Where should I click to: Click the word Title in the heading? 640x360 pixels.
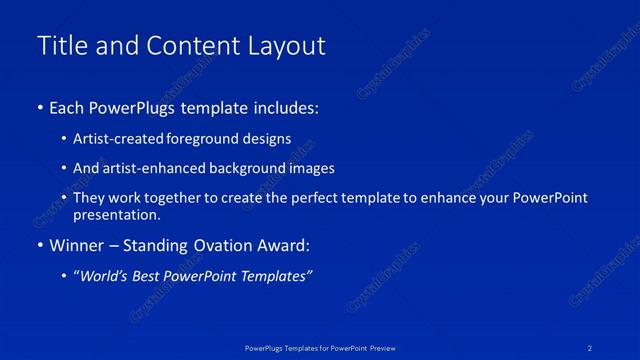click(59, 46)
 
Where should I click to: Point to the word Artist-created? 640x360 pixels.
click(116, 139)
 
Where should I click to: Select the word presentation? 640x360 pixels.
click(116, 214)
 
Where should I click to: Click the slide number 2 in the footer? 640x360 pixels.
click(591, 347)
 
